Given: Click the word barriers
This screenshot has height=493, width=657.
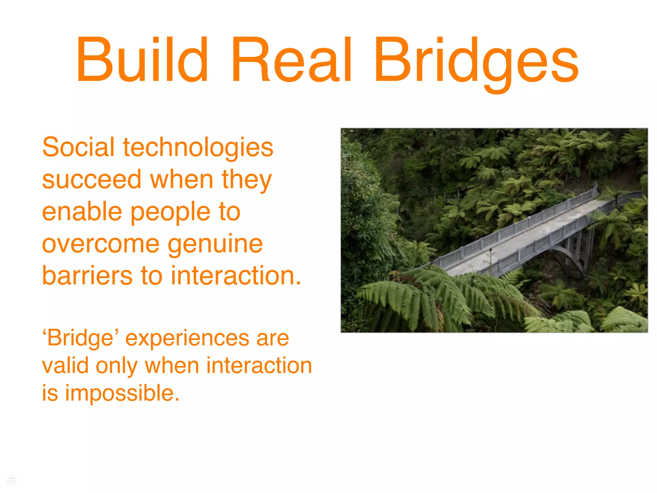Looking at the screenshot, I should coord(87,276).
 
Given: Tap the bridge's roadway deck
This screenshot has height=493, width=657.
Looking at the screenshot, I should coord(526,238).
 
